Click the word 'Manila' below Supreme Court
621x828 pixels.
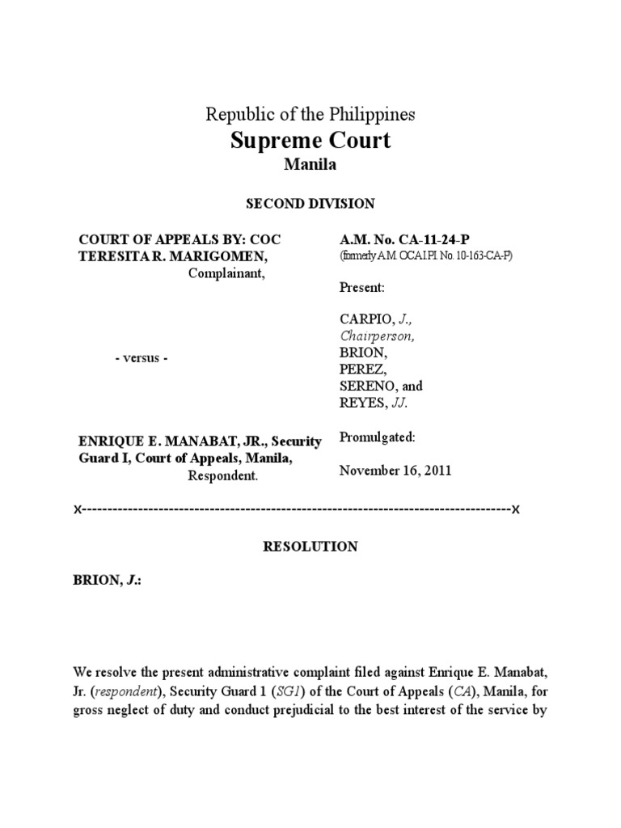click(310, 165)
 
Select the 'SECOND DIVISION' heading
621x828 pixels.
click(310, 203)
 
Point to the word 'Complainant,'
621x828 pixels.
click(226, 272)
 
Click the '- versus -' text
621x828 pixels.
click(141, 358)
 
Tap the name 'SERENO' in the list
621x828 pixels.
click(366, 386)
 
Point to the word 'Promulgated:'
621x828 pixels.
click(378, 437)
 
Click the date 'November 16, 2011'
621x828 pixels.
click(395, 471)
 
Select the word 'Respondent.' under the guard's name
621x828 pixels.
click(223, 475)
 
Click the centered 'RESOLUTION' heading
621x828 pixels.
click(310, 547)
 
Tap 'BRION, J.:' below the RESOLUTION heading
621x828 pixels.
click(107, 581)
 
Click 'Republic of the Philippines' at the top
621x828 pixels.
click(310, 114)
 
